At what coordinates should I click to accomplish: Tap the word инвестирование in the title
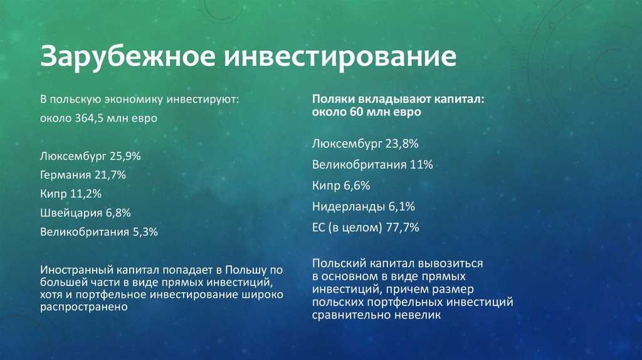coord(340,56)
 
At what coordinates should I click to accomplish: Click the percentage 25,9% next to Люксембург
coord(125,156)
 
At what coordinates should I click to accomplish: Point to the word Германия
coord(65,175)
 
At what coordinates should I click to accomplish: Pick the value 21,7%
coord(110,175)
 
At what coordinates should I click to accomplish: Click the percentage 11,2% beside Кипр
coord(85,194)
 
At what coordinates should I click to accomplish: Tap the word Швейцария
coord(71,213)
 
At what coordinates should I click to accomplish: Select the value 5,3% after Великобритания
coord(145,232)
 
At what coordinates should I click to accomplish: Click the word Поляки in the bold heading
coord(333,99)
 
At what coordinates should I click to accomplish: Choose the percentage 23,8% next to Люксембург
coord(403,144)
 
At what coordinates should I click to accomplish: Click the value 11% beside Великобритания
coord(421,165)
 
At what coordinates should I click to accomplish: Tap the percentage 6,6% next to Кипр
coord(357,186)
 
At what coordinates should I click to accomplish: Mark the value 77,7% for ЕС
coord(403,227)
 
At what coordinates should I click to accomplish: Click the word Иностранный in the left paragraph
coord(76,270)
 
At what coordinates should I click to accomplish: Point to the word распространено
coord(84,307)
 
